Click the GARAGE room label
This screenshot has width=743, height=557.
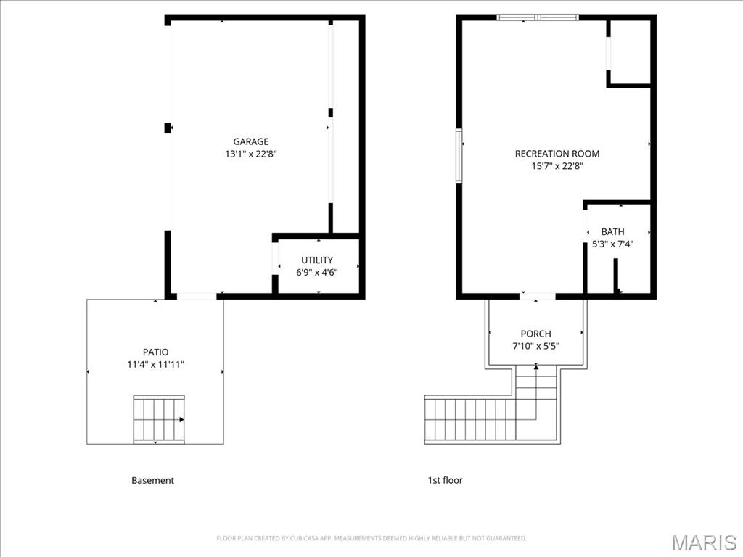[x=250, y=141]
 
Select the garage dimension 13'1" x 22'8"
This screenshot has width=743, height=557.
[x=250, y=154]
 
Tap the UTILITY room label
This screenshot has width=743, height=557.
[x=317, y=260]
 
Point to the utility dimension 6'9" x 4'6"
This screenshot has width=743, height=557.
[x=317, y=272]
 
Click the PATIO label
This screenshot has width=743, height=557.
[x=155, y=352]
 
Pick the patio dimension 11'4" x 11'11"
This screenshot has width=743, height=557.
[x=155, y=364]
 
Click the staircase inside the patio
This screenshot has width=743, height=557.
[x=159, y=418]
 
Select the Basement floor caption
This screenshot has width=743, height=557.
[x=152, y=480]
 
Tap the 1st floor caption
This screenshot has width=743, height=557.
[x=445, y=480]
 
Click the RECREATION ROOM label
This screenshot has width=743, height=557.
[x=557, y=153]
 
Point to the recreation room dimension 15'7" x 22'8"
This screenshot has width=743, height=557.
[x=557, y=165]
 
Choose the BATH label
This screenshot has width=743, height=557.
[x=612, y=231]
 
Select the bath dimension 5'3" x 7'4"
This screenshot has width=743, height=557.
[x=612, y=244]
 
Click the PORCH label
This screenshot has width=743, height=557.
[x=535, y=334]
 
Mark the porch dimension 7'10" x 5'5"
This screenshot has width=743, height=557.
[x=535, y=346]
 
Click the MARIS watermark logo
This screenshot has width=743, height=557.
[x=703, y=542]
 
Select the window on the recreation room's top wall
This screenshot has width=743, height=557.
[x=538, y=17]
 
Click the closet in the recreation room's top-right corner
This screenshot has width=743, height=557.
[x=629, y=52]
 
